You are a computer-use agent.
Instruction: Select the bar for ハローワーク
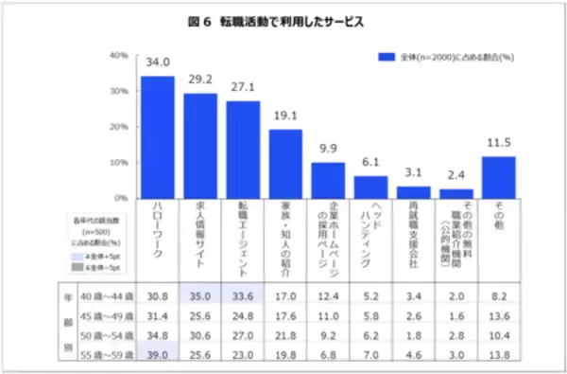[157, 137]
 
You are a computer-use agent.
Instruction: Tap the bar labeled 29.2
[200, 146]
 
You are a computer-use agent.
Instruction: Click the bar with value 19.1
[285, 164]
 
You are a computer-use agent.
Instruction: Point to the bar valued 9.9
[328, 180]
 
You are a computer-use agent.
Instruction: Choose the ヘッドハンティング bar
[370, 187]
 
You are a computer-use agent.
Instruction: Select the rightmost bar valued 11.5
[499, 177]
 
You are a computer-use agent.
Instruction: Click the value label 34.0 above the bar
[157, 63]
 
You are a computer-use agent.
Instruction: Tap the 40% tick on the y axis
[119, 55]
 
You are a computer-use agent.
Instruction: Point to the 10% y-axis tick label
[119, 163]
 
